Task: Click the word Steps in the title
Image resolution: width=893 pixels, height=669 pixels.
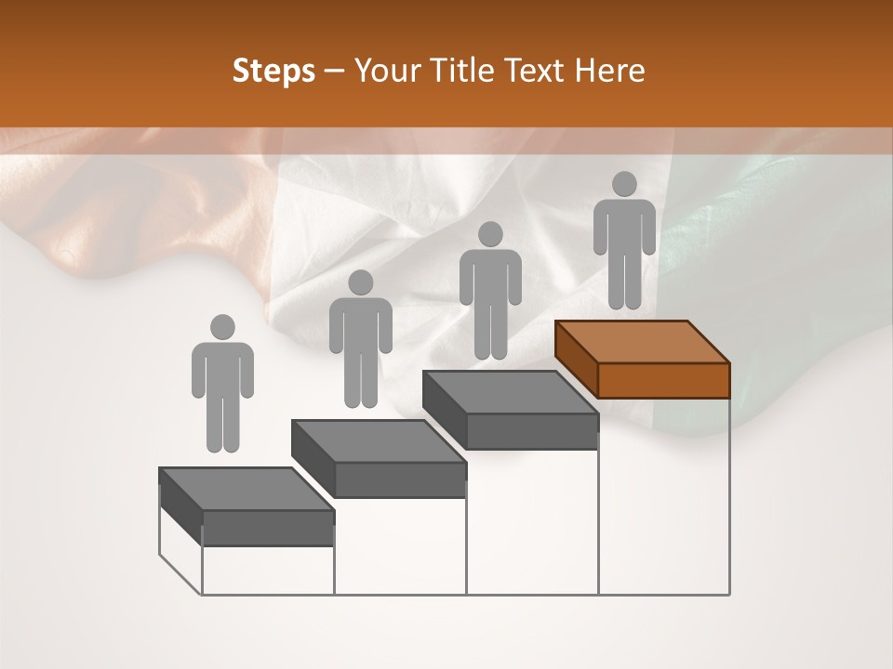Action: point(273,72)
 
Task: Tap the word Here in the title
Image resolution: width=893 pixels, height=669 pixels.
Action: point(608,72)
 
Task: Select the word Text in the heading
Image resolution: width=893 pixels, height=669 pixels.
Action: point(537,72)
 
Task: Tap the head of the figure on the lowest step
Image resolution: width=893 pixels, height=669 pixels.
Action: point(222,327)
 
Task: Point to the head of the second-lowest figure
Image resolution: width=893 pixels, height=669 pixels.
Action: point(360,282)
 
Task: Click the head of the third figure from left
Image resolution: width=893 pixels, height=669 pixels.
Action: point(490,234)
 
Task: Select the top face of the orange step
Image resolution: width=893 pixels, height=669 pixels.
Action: point(642,342)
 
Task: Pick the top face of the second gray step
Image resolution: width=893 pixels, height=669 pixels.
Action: point(378,440)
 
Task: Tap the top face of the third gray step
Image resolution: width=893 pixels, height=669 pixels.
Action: point(510,392)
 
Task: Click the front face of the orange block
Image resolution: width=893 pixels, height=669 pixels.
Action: point(663,380)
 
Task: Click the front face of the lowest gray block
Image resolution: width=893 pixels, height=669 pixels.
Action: point(268,528)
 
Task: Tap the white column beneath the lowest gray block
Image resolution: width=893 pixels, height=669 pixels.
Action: point(268,570)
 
